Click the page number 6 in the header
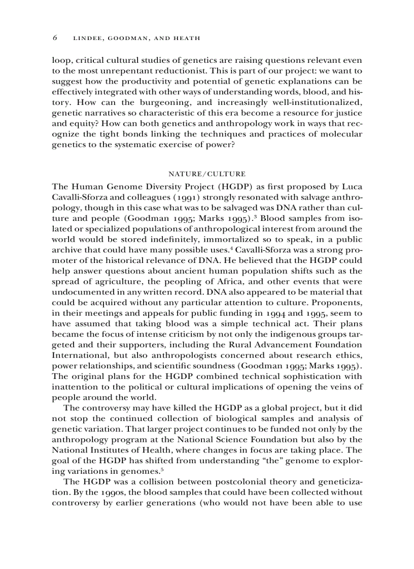pyautogui.click(x=54, y=38)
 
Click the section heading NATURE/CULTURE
pyautogui.click(x=207, y=174)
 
